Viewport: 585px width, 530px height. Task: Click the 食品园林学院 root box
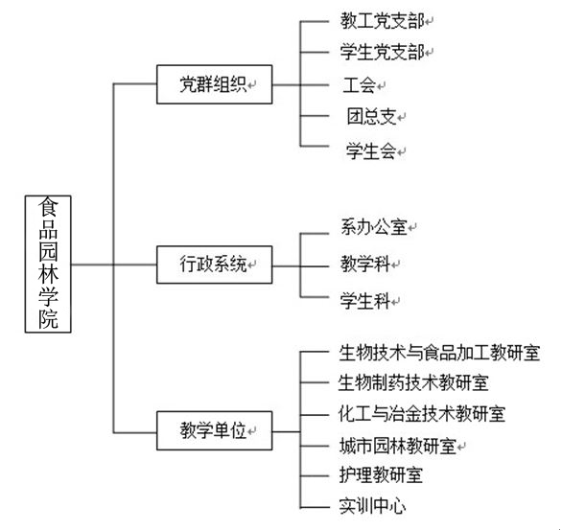point(48,264)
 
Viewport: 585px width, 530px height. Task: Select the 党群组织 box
point(215,84)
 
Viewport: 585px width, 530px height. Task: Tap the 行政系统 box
point(215,265)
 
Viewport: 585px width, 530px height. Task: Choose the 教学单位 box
point(215,430)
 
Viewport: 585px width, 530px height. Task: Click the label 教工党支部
point(383,21)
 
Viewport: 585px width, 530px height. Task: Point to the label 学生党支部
point(383,52)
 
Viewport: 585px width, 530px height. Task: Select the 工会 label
point(360,85)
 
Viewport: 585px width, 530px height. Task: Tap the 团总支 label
point(371,116)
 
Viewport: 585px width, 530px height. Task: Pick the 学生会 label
point(371,151)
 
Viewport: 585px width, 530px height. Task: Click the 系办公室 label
point(374,227)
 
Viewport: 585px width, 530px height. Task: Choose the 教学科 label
point(365,265)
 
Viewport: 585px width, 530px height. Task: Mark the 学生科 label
point(365,301)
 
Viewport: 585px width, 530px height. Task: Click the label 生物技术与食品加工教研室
point(439,353)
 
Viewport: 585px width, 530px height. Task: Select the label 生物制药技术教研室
point(413,383)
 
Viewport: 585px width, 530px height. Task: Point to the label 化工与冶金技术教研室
point(422,414)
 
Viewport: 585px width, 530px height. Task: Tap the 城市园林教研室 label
point(398,446)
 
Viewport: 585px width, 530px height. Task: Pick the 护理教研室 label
point(381,475)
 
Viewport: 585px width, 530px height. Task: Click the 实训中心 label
point(372,506)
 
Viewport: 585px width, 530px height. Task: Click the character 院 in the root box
point(48,319)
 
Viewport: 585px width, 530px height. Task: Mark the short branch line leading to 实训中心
point(315,507)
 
